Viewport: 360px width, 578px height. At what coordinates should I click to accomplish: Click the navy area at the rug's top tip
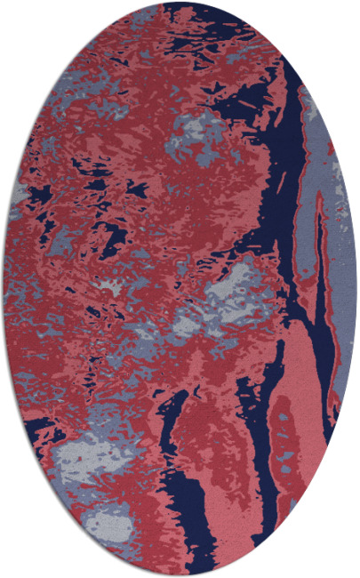point(182,12)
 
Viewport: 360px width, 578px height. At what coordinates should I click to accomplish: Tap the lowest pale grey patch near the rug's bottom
point(111,525)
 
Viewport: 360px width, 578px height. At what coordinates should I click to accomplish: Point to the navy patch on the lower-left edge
point(36,427)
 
